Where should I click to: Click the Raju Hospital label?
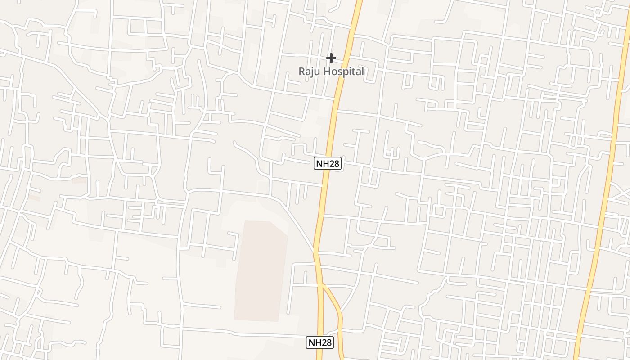click(x=331, y=72)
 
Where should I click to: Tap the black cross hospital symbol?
click(x=331, y=58)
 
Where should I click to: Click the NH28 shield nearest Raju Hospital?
click(x=328, y=163)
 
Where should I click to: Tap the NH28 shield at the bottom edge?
click(x=320, y=342)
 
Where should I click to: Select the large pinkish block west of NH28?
click(x=261, y=270)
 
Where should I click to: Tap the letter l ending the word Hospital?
click(x=362, y=72)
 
